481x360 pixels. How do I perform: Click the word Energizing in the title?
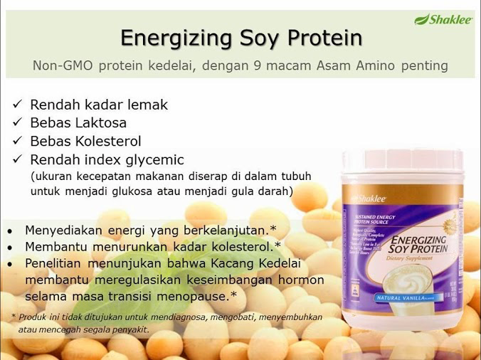point(166,37)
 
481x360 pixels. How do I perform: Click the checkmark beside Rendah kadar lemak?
point(17,105)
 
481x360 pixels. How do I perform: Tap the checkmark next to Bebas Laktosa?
point(17,123)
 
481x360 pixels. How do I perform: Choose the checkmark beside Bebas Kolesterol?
point(17,141)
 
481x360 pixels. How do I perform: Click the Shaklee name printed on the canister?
point(363,198)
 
